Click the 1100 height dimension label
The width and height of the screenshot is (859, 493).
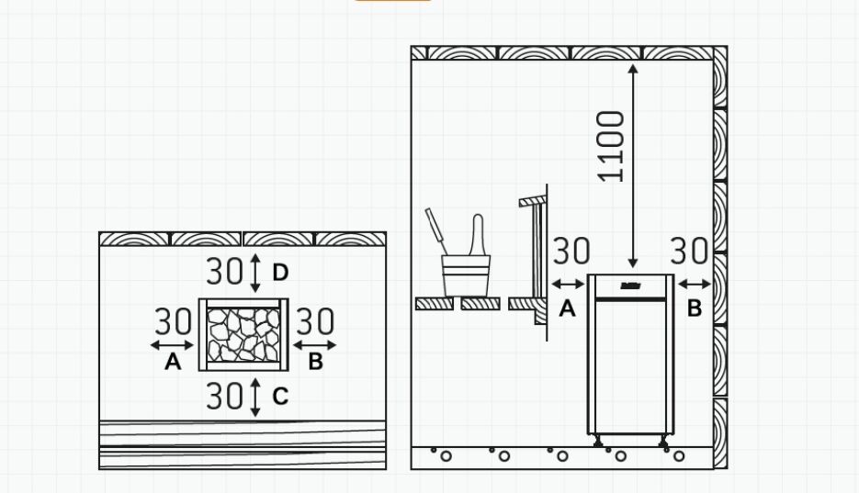coord(611,146)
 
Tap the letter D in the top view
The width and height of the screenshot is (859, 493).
coord(280,273)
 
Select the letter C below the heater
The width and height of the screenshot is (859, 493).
coord(280,397)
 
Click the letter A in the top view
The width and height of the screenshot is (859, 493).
coord(173,362)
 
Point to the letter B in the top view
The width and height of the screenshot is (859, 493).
coord(315,362)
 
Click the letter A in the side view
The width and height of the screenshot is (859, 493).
coord(567,308)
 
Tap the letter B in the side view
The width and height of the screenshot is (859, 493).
coord(695,308)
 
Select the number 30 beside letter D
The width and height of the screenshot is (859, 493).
coord(224,271)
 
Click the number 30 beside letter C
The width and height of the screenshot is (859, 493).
coord(224,396)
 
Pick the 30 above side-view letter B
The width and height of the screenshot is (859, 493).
coord(689,252)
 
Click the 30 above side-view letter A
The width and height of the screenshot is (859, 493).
coord(571,252)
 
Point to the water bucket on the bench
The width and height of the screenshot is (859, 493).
coord(466,275)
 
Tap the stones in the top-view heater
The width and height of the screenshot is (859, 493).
coord(243,335)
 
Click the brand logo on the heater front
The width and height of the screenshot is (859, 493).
coord(628,286)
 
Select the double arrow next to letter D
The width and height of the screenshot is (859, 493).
coord(255,273)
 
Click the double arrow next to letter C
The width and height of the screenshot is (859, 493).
coord(255,398)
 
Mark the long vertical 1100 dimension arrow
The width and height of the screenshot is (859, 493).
coord(633,166)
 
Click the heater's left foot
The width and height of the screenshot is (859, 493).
coord(597,441)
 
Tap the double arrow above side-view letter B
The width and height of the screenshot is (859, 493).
coord(695,284)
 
